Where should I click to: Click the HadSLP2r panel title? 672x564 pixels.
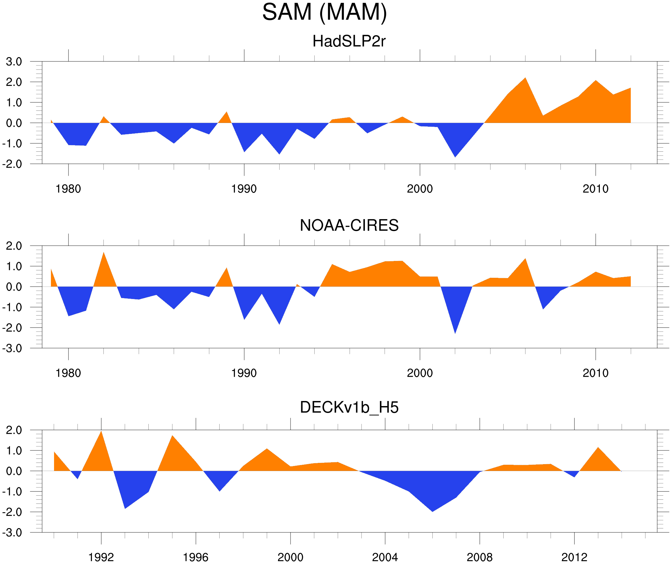(x=349, y=42)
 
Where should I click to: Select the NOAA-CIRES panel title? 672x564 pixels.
(x=349, y=225)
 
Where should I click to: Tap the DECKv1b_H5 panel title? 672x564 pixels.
(x=349, y=407)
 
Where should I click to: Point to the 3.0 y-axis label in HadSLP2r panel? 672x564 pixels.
(x=14, y=62)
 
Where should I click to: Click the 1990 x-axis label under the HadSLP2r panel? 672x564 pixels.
(x=244, y=189)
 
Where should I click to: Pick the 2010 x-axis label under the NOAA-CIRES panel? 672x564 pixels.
(x=595, y=373)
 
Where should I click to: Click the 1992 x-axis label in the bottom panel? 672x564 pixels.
(x=101, y=557)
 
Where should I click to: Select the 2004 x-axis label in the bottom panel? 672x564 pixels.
(x=385, y=557)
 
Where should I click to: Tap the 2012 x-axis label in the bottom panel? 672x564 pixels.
(x=574, y=557)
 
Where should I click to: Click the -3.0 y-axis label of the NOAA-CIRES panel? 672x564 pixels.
(x=12, y=348)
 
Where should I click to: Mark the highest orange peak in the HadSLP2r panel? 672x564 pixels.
(x=525, y=78)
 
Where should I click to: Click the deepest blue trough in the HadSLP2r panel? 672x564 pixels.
(x=455, y=156)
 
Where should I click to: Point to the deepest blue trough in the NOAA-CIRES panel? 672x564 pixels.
(x=455, y=333)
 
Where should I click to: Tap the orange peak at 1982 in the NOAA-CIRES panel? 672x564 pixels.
(x=104, y=253)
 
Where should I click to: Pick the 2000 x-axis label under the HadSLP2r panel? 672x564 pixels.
(x=420, y=189)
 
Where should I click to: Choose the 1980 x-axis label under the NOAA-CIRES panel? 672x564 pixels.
(x=68, y=373)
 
